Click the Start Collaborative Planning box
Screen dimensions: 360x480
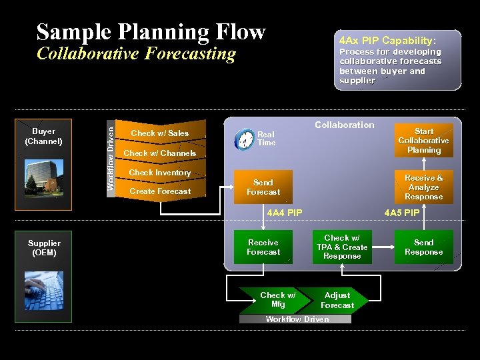pos(423,141)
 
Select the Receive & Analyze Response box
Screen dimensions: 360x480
pos(423,187)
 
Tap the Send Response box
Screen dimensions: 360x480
pos(423,247)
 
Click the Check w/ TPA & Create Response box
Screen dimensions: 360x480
pos(342,247)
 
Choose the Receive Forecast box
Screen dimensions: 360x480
pos(263,247)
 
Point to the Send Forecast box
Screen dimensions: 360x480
pos(263,187)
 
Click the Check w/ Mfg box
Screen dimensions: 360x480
pos(277,300)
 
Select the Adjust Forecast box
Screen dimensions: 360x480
pos(337,300)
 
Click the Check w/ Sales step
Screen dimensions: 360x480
pos(160,133)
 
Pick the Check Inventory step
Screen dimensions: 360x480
pos(160,173)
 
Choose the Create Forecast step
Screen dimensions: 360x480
pos(160,191)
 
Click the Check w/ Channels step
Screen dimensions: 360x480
pos(160,153)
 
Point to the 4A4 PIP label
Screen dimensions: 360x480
pos(285,213)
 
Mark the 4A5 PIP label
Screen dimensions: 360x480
pos(402,213)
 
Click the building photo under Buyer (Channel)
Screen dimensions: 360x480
pos(43,170)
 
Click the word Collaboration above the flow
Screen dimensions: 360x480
pos(345,125)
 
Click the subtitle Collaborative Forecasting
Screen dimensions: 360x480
pos(136,53)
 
